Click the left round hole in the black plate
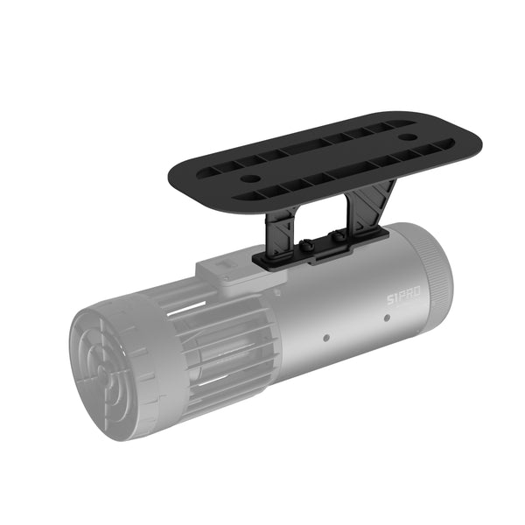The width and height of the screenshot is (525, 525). click(x=251, y=178)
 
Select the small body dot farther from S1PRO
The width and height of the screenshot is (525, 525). click(x=325, y=336)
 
